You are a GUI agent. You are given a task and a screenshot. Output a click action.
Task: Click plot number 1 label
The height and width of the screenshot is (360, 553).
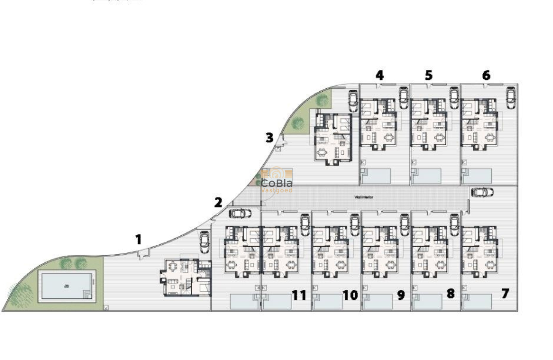138,239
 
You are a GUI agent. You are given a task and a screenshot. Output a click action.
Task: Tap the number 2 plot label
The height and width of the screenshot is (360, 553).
219,202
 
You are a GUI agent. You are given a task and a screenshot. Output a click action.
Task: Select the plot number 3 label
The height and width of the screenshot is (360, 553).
269,138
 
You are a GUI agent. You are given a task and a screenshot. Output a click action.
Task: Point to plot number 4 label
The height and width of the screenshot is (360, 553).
379,75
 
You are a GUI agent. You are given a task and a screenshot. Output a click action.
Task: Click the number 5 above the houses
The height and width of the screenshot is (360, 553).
429,75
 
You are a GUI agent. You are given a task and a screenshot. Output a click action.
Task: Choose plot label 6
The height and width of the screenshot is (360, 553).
486,75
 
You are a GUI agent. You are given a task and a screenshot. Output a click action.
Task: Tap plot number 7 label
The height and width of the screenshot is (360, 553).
505,294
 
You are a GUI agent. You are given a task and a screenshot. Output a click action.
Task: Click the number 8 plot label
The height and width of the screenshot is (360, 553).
450,294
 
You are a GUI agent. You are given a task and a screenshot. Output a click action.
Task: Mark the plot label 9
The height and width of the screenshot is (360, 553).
401,295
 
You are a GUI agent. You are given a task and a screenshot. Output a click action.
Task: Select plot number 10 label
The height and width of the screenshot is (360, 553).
350,295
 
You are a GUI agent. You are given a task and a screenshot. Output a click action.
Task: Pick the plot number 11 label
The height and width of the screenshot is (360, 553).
299,295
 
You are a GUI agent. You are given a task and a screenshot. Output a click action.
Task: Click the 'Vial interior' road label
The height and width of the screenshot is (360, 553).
364,197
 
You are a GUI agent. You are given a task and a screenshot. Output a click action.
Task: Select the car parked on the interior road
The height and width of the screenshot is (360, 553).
482,192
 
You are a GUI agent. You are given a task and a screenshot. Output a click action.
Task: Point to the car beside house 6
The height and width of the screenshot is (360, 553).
511,98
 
